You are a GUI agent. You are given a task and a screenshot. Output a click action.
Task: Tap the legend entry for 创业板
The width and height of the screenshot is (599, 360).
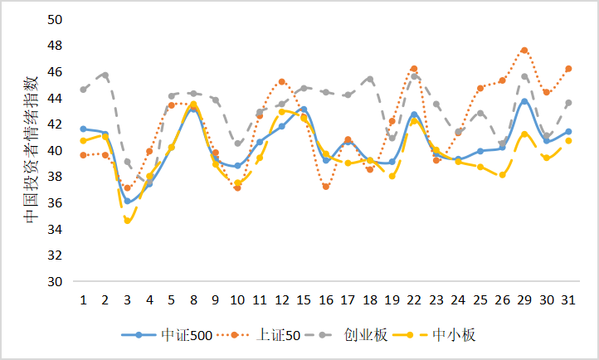point(367,335)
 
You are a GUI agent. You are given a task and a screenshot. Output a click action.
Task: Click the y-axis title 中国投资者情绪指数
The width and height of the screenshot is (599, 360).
point(31,149)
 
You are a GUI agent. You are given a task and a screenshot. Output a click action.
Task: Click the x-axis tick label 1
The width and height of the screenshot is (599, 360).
point(83,299)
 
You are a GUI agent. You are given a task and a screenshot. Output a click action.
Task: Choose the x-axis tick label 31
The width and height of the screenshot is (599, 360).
point(568,299)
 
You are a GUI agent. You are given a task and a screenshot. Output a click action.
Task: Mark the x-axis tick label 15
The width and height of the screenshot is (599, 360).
point(304,299)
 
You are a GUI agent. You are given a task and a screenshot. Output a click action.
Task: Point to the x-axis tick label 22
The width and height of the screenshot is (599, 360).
point(414,299)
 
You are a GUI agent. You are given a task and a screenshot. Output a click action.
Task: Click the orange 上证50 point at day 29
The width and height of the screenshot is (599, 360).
point(524,51)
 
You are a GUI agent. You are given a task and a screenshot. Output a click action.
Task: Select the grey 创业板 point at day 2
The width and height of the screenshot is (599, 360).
point(105,75)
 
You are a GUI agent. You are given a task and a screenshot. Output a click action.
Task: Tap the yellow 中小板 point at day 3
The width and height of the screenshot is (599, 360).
point(127,221)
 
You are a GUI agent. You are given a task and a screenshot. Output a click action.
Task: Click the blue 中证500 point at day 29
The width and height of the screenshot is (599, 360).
point(524,102)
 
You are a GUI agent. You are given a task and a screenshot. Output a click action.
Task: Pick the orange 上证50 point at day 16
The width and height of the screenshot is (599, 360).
point(326,187)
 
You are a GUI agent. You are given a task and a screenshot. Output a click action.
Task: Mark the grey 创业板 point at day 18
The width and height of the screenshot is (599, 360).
point(370,80)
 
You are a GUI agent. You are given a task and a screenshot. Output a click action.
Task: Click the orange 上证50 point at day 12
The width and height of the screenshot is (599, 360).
point(282,82)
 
